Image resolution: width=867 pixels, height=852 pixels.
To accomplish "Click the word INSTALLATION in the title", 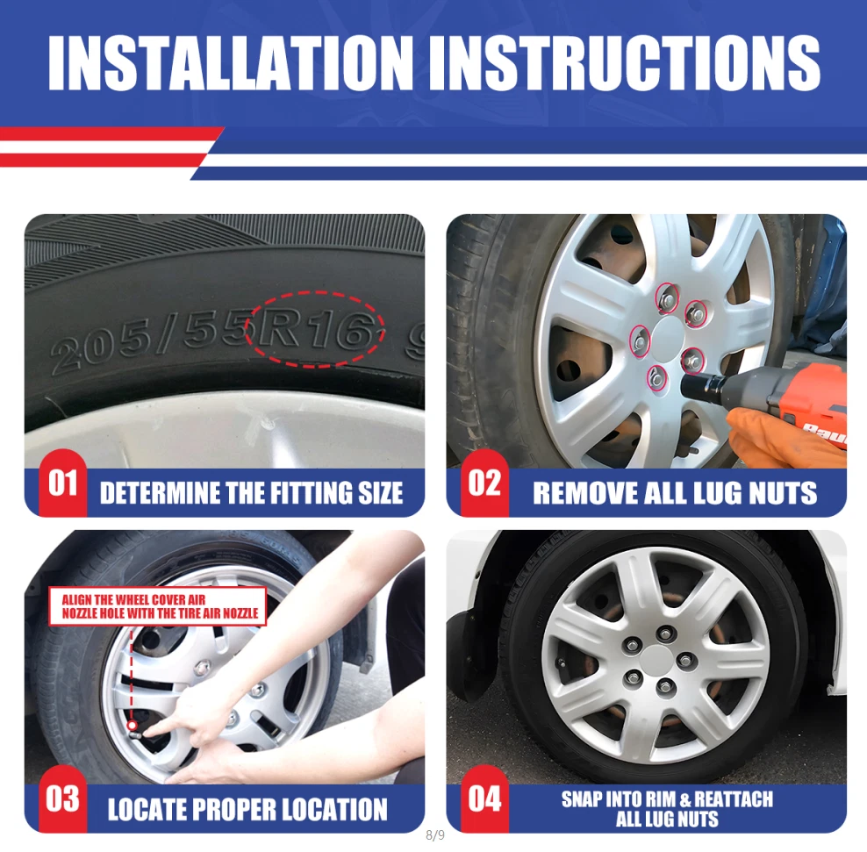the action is [x=230, y=62].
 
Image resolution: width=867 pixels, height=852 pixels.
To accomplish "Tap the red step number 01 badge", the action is [x=62, y=483].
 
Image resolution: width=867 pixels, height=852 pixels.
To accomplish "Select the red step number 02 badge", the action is [x=484, y=483].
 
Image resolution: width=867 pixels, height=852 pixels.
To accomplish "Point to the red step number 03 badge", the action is [x=62, y=799].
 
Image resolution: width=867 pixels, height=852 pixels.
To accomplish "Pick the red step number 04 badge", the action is [x=484, y=799].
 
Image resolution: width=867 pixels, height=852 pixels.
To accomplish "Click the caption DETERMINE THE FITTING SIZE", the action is [x=251, y=492].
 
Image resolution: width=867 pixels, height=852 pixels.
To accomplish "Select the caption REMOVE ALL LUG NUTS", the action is [x=675, y=492].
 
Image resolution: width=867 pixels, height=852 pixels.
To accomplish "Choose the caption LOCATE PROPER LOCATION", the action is [x=247, y=809].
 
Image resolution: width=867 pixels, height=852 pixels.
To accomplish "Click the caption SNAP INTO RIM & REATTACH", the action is [x=668, y=799].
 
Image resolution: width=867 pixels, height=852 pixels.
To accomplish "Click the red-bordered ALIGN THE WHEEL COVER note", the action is [x=158, y=606].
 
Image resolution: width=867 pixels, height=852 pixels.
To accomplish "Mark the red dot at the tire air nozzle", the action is [x=132, y=726].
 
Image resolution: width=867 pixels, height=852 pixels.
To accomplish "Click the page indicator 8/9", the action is [x=435, y=835].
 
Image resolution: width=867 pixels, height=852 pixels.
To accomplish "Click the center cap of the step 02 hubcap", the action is [x=668, y=339].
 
